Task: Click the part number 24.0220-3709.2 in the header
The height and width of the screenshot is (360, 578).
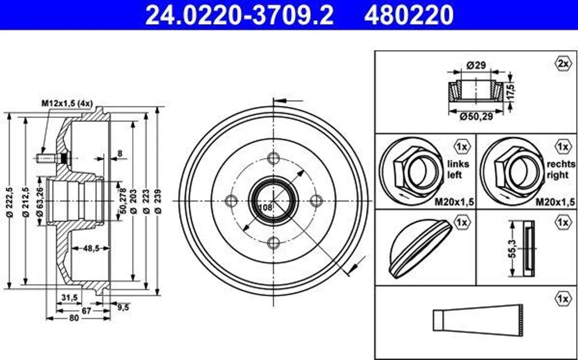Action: coord(239,15)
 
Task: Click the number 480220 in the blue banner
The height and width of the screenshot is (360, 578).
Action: coord(409,15)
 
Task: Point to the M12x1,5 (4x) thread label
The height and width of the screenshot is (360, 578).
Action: coord(67,104)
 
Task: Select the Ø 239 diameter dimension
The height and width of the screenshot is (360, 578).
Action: coord(158,201)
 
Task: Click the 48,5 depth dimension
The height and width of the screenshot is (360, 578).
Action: coord(91,248)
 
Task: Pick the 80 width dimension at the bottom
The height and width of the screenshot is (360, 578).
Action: coord(74,318)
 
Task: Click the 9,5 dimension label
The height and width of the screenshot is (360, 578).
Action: coord(122,306)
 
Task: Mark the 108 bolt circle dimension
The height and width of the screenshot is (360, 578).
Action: coord(265,207)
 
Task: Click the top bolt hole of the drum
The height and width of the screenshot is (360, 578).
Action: coord(274,159)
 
